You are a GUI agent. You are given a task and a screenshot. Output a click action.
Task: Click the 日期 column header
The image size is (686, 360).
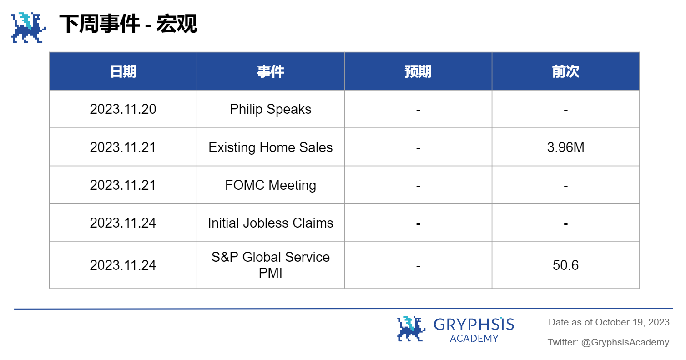point(123,71)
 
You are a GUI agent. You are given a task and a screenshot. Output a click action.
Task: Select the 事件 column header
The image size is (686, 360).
point(270,71)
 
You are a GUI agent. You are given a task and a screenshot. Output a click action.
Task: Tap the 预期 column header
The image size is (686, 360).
point(418,71)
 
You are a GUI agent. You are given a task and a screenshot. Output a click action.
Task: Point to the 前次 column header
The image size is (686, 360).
point(565,71)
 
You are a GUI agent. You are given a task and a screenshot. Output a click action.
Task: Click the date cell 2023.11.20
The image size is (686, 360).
point(123,109)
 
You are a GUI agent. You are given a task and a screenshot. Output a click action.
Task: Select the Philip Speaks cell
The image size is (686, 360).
point(270,109)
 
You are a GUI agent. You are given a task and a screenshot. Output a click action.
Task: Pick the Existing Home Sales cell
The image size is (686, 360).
point(270,147)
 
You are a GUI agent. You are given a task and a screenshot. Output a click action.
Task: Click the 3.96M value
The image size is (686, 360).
point(565,147)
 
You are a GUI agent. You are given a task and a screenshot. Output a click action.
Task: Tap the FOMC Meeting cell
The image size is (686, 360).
point(270,185)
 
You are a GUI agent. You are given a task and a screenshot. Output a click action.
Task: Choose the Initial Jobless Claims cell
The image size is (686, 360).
point(270,223)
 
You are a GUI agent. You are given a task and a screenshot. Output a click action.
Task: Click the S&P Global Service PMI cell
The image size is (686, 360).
point(270,265)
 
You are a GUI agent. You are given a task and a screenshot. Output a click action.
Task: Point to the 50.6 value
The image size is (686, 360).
point(565,265)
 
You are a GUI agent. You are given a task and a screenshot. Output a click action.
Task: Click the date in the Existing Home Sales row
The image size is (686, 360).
point(123,147)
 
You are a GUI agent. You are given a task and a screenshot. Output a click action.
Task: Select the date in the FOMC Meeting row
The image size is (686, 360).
point(123,185)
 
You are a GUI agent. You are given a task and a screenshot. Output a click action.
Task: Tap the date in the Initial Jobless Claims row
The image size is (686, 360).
point(123,223)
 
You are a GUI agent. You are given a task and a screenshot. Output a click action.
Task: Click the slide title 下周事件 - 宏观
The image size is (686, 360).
point(128,24)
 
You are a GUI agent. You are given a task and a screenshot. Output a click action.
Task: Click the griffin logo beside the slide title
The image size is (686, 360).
point(29,28)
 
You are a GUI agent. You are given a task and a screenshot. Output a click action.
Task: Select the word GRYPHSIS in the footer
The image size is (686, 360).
point(474,324)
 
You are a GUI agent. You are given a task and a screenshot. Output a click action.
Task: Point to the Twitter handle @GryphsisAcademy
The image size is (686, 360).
point(625,342)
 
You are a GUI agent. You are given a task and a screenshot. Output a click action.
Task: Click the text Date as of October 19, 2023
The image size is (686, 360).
point(609,322)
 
